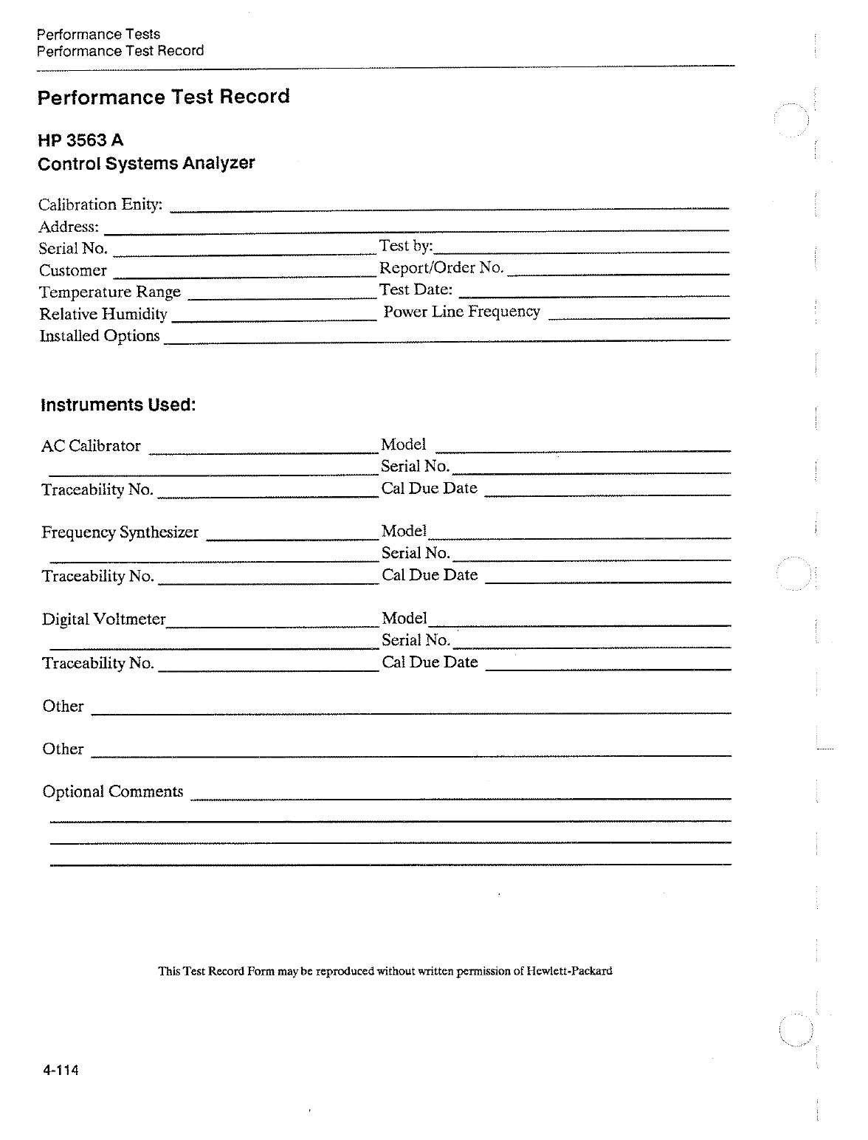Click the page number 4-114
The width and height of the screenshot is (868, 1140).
coord(61,1071)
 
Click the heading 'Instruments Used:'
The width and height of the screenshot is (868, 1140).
coord(118,405)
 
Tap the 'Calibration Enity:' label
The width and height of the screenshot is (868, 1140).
coord(100,205)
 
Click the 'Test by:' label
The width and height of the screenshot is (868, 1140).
coord(406,246)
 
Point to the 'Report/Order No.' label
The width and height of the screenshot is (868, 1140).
coord(441,267)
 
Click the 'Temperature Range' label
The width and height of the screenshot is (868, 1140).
coord(110,292)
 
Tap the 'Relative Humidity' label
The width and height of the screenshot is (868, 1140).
coord(103,315)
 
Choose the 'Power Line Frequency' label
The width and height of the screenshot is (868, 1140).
coord(462,312)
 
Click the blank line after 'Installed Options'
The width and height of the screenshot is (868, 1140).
coord(447,340)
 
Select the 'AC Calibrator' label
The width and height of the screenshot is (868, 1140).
coord(91,446)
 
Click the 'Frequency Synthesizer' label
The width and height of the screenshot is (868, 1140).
coord(120,532)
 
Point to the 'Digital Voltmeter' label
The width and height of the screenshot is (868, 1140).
coord(104,619)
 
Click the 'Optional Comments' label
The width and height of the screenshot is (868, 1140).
coord(113,792)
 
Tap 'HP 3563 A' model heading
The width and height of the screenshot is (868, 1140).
coord(80,140)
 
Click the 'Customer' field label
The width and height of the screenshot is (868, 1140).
coord(73,271)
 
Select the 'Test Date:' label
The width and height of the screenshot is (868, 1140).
coord(416,289)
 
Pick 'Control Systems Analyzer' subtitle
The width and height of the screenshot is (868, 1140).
coord(146,163)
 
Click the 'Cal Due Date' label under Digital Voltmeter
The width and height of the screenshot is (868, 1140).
coord(430,662)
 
